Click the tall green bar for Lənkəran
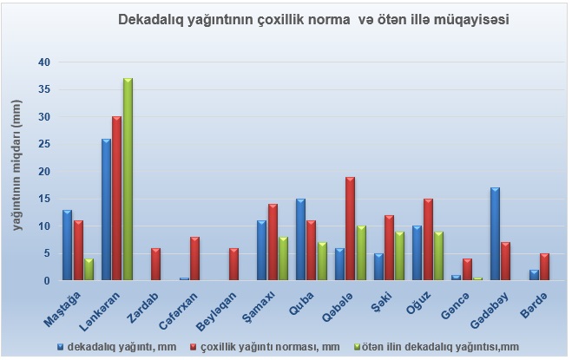click(128, 180)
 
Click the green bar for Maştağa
click(89, 270)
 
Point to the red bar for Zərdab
click(156, 265)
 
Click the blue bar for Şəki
click(378, 267)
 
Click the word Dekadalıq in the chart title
click(155, 18)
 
